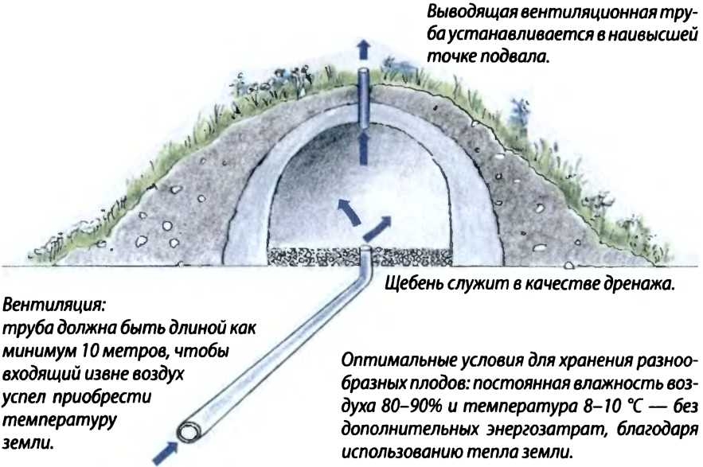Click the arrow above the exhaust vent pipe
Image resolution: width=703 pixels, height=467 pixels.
(x=363, y=49)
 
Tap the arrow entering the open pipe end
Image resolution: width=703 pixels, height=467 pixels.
(x=166, y=452)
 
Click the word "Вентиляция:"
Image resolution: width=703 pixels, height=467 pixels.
(x=55, y=305)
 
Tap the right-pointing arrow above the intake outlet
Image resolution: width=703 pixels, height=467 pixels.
(x=380, y=226)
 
